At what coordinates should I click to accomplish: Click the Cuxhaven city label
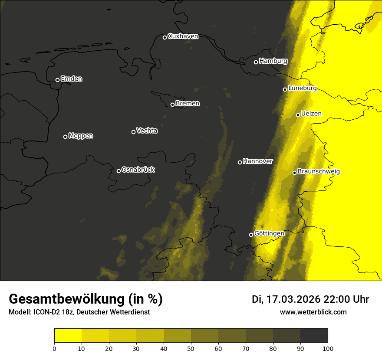tap(183, 36)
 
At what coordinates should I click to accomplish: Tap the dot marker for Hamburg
tap(256, 62)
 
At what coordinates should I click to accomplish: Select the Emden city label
tap(71, 79)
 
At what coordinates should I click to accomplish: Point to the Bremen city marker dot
tap(172, 105)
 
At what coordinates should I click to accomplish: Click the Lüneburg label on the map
tap(302, 88)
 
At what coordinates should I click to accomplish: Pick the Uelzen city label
tap(311, 114)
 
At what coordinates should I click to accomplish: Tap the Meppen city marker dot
tap(65, 137)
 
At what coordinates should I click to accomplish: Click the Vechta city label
tap(147, 131)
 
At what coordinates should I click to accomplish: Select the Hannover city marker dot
tap(240, 162)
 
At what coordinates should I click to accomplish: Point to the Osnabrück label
tap(138, 170)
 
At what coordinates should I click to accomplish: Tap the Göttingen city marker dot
tap(251, 235)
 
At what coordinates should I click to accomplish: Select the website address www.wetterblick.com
tap(313, 312)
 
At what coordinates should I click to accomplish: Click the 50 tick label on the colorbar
tap(191, 348)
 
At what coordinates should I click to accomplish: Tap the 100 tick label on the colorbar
tap(328, 348)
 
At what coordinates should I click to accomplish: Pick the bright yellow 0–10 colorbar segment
tap(68, 336)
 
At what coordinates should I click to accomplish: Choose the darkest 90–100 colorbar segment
tap(314, 336)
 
